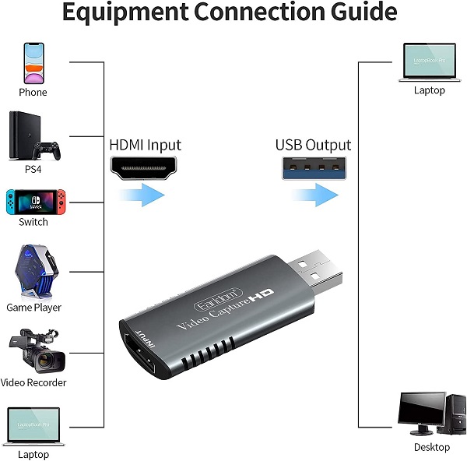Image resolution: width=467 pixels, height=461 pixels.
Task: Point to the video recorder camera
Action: [x=34, y=350]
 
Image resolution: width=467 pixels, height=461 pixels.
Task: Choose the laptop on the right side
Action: [x=429, y=62]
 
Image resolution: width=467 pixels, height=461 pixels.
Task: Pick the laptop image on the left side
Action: [x=33, y=424]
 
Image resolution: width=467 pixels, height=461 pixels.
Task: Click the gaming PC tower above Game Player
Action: [x=33, y=272]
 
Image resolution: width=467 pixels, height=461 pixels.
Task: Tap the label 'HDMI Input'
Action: [x=145, y=146]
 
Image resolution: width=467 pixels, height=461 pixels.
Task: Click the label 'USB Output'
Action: [x=313, y=146]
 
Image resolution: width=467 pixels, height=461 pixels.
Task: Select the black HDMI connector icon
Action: [x=145, y=167]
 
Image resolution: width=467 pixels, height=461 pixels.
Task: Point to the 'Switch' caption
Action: [x=33, y=222]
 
